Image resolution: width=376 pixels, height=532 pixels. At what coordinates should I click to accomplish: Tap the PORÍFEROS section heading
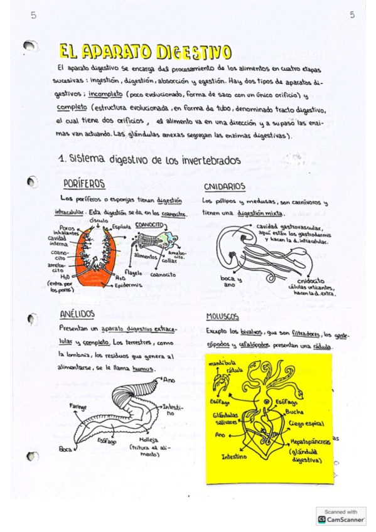(x=84, y=184)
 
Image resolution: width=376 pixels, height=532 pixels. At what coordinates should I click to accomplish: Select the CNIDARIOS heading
(x=224, y=186)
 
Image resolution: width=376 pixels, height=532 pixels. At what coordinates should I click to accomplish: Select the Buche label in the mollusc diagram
(x=294, y=412)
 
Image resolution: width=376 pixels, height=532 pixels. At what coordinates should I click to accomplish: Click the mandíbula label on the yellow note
(x=220, y=363)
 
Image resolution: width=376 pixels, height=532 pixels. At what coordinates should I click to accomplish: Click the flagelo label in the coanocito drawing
(x=133, y=272)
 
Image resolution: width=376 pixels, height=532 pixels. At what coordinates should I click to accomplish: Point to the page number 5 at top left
(x=33, y=16)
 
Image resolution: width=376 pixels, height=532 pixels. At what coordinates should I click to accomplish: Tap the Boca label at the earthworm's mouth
(x=65, y=449)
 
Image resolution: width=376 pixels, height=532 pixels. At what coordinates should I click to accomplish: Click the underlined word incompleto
(x=104, y=95)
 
